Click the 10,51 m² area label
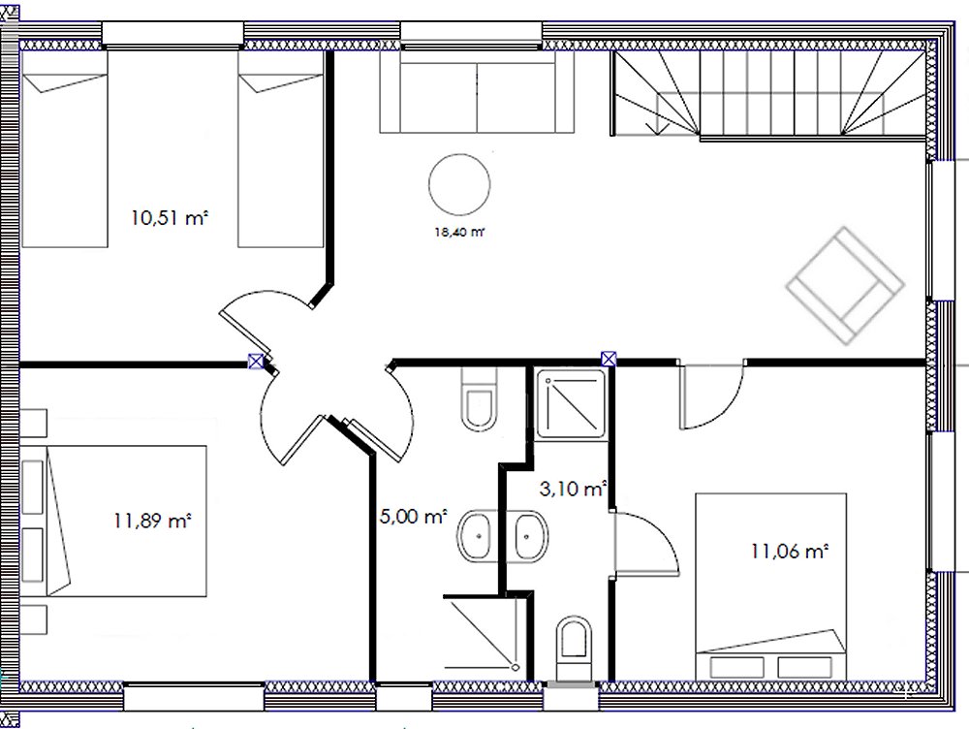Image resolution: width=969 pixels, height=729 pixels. [x=170, y=218]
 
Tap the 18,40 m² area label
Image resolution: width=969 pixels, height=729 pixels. [x=459, y=233]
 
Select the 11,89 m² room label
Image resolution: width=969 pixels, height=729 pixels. [x=152, y=521]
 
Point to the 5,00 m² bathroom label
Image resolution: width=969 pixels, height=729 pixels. [x=413, y=516]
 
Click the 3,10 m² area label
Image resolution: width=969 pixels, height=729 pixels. [x=573, y=490]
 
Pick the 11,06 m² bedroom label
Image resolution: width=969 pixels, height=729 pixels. [x=789, y=551]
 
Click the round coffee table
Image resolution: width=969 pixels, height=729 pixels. [x=459, y=184]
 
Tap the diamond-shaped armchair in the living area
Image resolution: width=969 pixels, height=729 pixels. [x=845, y=286]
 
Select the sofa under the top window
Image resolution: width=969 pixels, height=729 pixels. [x=477, y=91]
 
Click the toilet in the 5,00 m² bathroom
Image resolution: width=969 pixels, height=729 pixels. [x=479, y=399]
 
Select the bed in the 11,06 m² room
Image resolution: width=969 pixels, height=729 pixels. [x=770, y=586]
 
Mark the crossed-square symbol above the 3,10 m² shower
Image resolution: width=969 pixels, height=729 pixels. [x=609, y=359]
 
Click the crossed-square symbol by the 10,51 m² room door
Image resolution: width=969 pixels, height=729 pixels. [x=255, y=361]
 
